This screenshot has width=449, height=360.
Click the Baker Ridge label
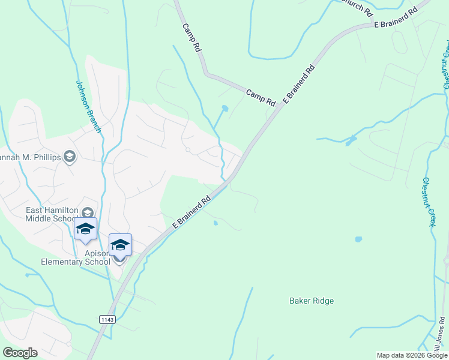click(311, 301)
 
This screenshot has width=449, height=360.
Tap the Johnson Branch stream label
click(88, 107)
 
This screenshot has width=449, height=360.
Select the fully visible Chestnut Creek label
click(427, 202)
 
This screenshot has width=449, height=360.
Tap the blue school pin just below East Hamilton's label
click(85, 230)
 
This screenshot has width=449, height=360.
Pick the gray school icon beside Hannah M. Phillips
click(70, 157)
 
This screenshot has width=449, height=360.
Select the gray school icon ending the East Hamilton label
click(88, 213)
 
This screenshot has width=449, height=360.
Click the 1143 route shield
click(107, 320)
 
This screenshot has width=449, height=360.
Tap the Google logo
click(20, 353)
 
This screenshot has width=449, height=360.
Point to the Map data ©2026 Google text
click(412, 355)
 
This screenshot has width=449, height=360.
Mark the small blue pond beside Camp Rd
click(224, 109)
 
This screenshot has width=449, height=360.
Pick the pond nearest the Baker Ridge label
click(358, 239)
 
